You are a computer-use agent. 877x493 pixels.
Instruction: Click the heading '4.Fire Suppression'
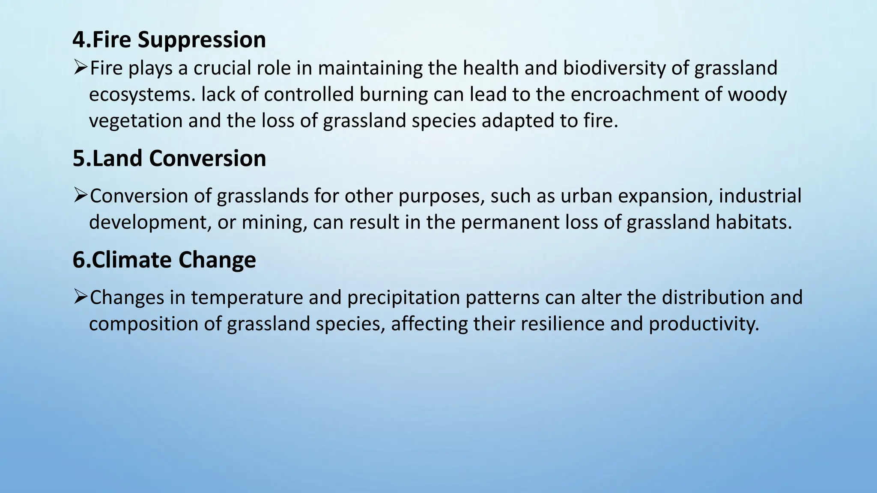pyautogui.click(x=169, y=40)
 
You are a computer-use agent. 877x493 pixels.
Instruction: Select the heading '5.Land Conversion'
pyautogui.click(x=169, y=159)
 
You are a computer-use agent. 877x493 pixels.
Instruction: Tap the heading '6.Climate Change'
pyautogui.click(x=164, y=260)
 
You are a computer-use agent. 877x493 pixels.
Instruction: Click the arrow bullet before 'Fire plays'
pyautogui.click(x=80, y=68)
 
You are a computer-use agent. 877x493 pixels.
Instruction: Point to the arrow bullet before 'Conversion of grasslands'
pyautogui.click(x=80, y=196)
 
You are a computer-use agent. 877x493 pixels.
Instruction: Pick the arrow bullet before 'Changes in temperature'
pyautogui.click(x=80, y=297)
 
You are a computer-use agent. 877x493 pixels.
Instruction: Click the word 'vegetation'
pyautogui.click(x=136, y=122)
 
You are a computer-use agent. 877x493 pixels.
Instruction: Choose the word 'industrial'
pyautogui.click(x=760, y=196)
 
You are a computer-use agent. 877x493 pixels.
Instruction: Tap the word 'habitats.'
pyautogui.click(x=754, y=223)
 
